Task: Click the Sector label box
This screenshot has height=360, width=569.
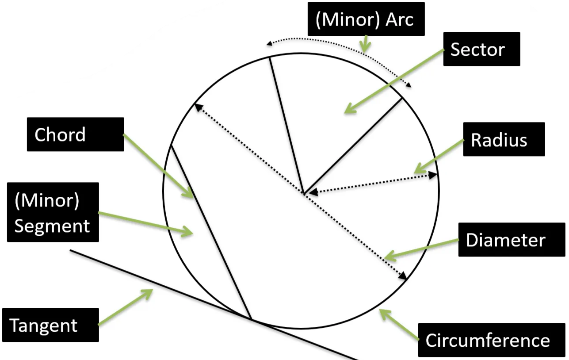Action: click(481, 49)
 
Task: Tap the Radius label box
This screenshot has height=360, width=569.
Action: click(504, 139)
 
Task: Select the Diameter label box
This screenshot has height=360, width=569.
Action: click(505, 240)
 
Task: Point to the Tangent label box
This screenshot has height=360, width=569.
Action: click(50, 325)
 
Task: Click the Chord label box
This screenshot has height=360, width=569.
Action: click(75, 134)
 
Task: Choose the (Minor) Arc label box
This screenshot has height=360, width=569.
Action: click(366, 19)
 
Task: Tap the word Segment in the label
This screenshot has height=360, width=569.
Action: click(52, 226)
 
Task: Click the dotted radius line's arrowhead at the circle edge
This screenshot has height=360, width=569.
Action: click(434, 176)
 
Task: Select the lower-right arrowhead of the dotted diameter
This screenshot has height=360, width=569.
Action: click(403, 276)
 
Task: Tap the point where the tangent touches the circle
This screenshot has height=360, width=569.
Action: click(251, 318)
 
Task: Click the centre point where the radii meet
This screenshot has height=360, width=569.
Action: click(304, 193)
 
